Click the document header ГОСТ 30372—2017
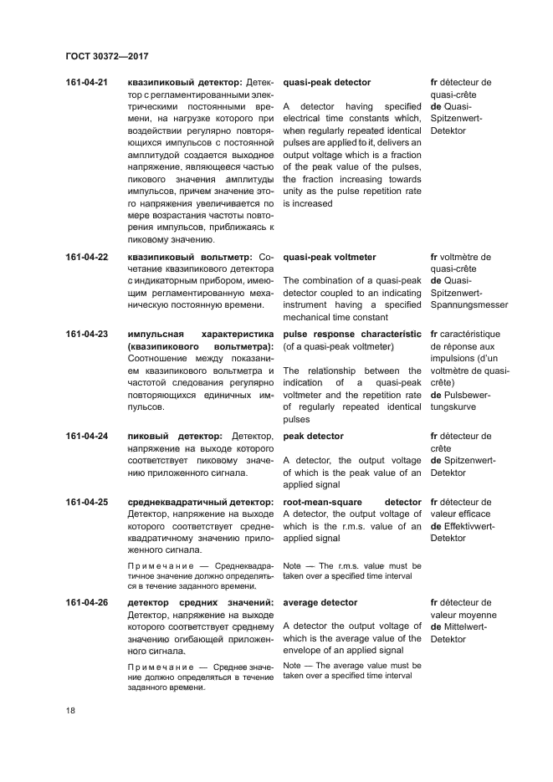(x=106, y=55)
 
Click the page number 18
(x=70, y=710)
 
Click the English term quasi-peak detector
(x=326, y=83)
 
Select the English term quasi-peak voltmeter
(x=330, y=258)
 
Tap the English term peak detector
(x=314, y=437)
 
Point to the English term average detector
(x=320, y=603)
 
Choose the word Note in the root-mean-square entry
(x=292, y=566)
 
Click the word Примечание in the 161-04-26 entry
(x=160, y=667)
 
